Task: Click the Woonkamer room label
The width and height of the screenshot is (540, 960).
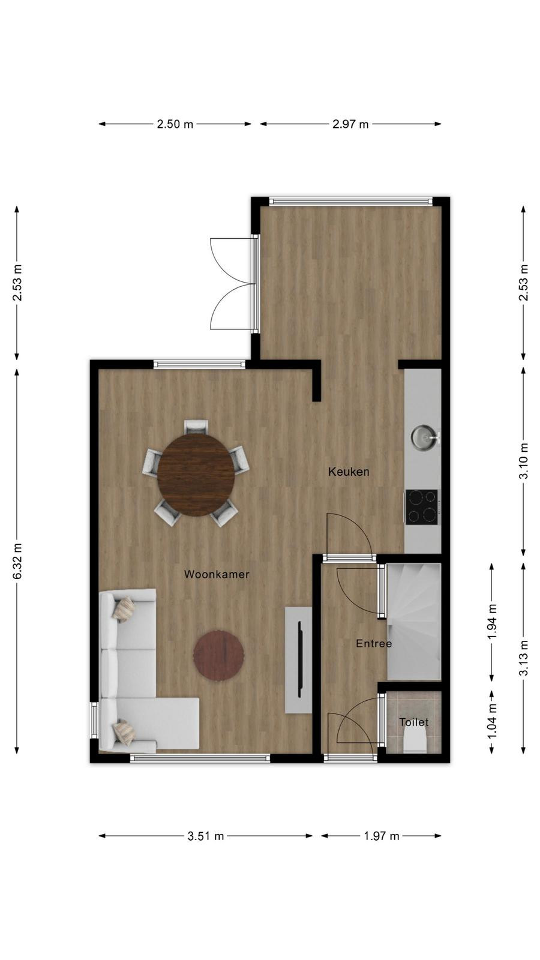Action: point(217,574)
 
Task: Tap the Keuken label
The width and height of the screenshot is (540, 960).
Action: point(349,472)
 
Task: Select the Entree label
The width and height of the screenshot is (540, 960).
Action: point(374,643)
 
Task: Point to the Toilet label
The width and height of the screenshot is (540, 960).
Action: point(414,722)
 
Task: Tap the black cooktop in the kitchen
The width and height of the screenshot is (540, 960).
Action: point(422,506)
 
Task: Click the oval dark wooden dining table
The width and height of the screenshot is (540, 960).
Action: point(196,475)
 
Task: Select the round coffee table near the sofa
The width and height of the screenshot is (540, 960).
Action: point(218,655)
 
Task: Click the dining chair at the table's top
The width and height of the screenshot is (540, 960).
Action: point(196,427)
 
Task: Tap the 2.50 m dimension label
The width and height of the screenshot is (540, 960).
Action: point(175,124)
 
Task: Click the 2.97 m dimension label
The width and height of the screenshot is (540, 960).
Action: point(350,124)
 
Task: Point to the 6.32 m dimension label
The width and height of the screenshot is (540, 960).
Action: point(17,561)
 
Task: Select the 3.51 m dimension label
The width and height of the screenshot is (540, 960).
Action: point(206,836)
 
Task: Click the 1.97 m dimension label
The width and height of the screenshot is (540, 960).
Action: point(382,836)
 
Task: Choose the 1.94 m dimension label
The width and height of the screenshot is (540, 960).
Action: point(492,621)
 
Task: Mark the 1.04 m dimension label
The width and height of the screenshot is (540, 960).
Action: point(492,721)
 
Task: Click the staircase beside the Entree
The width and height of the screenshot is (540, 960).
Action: point(414,622)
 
